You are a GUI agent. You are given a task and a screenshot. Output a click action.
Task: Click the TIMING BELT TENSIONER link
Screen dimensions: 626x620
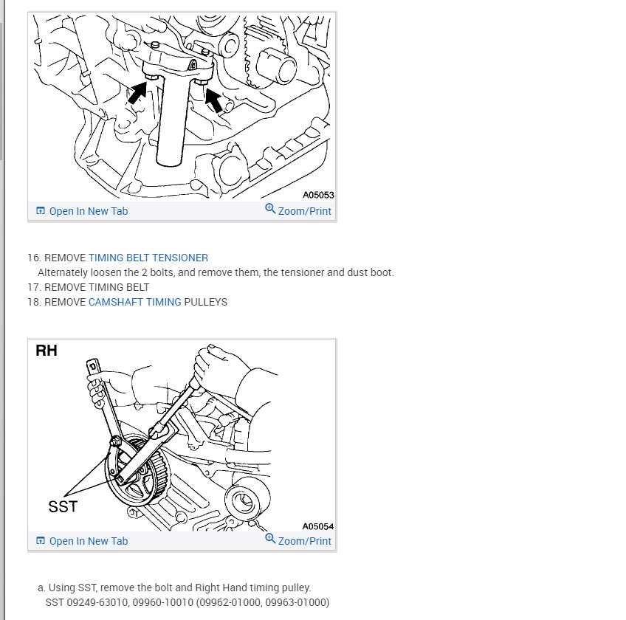click(x=148, y=258)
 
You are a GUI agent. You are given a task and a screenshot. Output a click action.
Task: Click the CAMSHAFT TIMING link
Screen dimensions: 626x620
click(x=135, y=302)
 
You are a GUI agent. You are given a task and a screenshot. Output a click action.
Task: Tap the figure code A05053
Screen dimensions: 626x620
click(x=318, y=195)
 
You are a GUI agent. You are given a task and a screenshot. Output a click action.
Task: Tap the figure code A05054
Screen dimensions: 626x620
click(x=317, y=526)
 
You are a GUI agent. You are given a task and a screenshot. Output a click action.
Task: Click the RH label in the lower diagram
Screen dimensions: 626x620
click(x=47, y=351)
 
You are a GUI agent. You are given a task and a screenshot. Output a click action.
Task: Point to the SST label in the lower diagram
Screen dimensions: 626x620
click(x=63, y=506)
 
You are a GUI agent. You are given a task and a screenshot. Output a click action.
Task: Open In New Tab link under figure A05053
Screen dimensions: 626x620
click(x=89, y=211)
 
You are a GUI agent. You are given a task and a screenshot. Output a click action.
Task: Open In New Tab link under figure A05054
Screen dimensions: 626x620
click(x=89, y=541)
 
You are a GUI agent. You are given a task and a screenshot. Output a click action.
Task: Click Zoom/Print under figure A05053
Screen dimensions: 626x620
click(x=305, y=211)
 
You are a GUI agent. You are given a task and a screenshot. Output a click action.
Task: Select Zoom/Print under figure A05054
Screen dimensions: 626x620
click(x=305, y=541)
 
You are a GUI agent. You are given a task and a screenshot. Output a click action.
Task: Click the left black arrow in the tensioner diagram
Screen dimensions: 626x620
click(x=137, y=93)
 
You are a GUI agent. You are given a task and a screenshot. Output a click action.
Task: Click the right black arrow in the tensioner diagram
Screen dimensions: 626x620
click(x=213, y=100)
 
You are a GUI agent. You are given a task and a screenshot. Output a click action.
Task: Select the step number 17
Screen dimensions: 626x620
click(x=34, y=287)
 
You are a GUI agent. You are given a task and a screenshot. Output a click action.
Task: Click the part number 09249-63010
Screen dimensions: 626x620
click(x=97, y=602)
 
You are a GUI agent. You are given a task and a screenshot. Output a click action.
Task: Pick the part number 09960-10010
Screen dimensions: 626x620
click(x=163, y=602)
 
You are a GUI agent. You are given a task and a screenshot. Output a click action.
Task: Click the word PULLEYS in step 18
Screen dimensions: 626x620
click(x=206, y=302)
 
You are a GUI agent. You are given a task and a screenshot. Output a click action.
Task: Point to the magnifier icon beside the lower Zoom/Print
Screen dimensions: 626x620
click(x=270, y=539)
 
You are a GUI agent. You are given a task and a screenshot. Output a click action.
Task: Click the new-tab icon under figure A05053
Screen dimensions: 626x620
click(x=41, y=210)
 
